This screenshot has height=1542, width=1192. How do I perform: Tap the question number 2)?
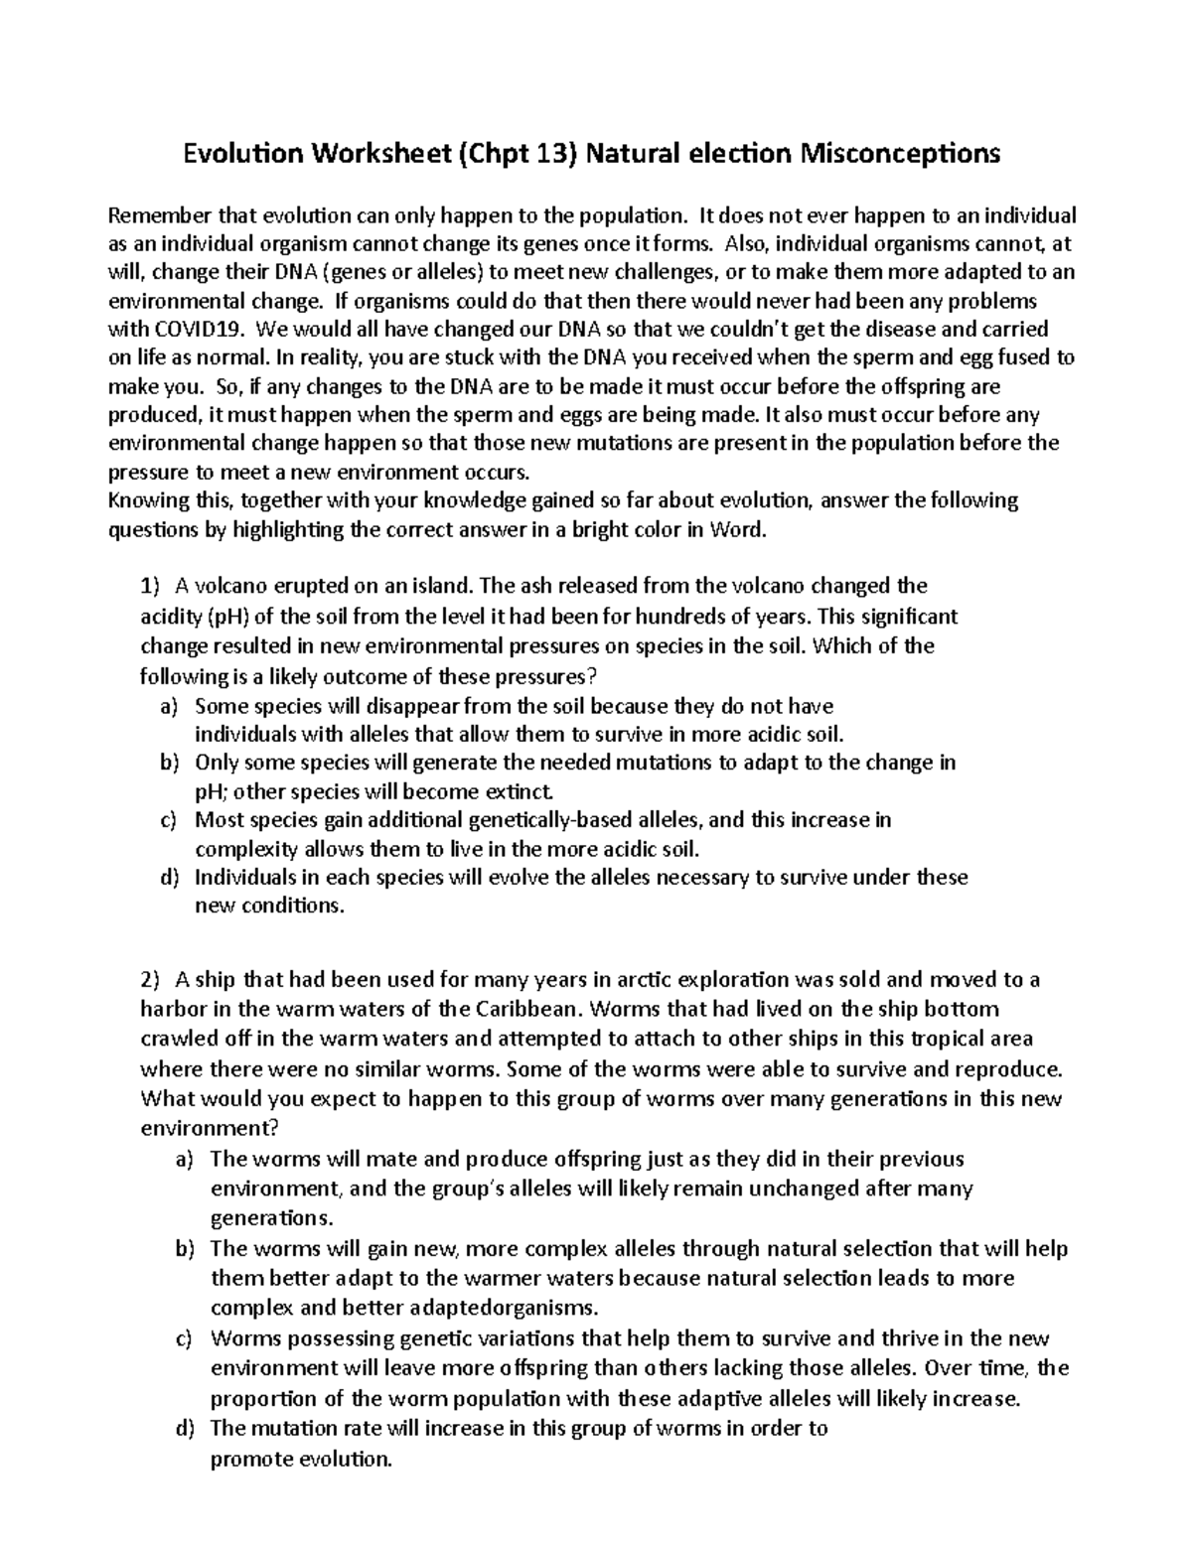[x=149, y=980]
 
